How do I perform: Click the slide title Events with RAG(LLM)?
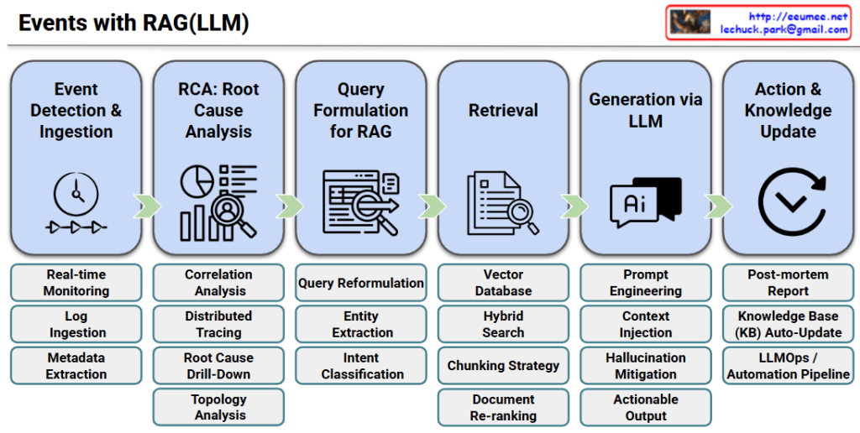pyautogui.click(x=134, y=23)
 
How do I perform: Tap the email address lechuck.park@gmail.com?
pyautogui.click(x=784, y=29)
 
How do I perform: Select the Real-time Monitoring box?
pyautogui.click(x=76, y=283)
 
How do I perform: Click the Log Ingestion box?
pyautogui.click(x=76, y=324)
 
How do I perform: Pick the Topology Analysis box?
pyautogui.click(x=218, y=407)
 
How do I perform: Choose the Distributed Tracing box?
pyautogui.click(x=218, y=324)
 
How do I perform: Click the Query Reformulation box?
pyautogui.click(x=361, y=283)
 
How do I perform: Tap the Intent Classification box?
pyautogui.click(x=361, y=366)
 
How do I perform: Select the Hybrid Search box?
pyautogui.click(x=503, y=324)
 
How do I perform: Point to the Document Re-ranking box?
pyautogui.click(x=503, y=407)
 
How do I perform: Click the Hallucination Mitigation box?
pyautogui.click(x=645, y=366)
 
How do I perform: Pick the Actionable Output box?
pyautogui.click(x=645, y=407)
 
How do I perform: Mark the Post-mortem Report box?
pyautogui.click(x=788, y=283)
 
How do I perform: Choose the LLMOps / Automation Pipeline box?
pyautogui.click(x=788, y=366)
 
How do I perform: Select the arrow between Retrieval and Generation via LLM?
pyautogui.click(x=574, y=206)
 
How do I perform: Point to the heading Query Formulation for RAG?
pyautogui.click(x=361, y=110)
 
